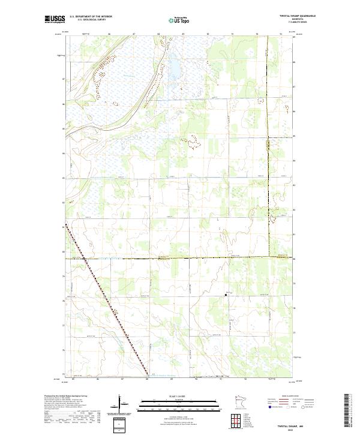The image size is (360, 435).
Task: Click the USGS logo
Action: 55,19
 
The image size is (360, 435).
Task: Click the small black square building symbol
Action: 226,295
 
